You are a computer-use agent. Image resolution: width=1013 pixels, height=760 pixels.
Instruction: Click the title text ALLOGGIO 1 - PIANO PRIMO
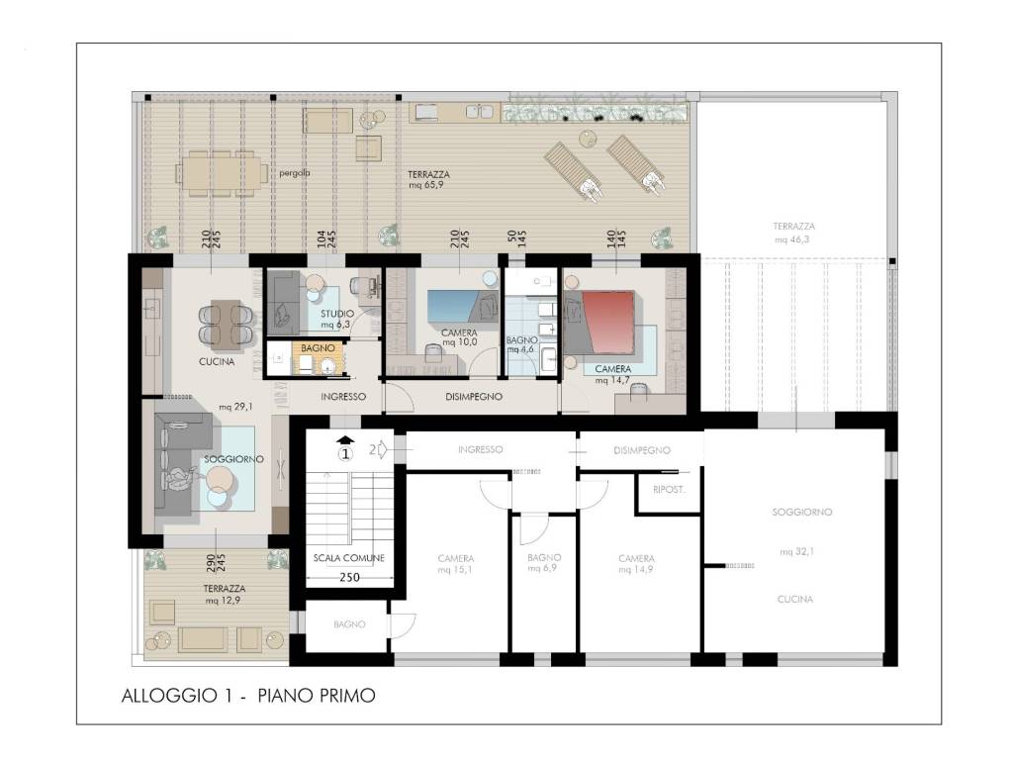pos(248,696)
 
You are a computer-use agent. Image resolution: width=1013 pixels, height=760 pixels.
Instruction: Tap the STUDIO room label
pos(337,314)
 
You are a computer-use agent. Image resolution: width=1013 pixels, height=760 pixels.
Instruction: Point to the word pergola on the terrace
pos(295,173)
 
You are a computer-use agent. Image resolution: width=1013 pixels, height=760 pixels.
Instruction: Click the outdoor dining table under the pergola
pos(223,173)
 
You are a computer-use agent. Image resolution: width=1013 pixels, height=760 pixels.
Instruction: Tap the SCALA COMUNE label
pos(349,558)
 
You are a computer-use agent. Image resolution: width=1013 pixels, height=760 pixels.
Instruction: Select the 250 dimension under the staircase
pos(349,577)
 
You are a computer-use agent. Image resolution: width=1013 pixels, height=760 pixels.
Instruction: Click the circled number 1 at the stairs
pos(345,453)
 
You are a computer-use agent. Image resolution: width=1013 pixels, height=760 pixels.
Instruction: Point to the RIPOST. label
pos(669,489)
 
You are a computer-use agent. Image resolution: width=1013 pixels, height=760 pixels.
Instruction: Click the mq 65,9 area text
pos(426,185)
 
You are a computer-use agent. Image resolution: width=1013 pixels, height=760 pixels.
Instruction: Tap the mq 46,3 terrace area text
pos(792,239)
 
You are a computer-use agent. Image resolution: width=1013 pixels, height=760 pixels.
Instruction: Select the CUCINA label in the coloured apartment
pos(217,361)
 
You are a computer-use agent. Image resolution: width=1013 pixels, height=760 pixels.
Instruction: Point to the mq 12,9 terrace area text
pos(224,601)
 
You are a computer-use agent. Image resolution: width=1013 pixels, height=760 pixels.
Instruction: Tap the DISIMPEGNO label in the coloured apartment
pos(474,397)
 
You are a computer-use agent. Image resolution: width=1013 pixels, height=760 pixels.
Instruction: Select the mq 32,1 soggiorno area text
pos(796,551)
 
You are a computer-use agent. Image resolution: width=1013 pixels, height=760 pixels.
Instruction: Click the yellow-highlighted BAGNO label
pos(318,348)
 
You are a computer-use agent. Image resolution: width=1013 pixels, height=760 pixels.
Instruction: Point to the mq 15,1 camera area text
pos(455,569)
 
